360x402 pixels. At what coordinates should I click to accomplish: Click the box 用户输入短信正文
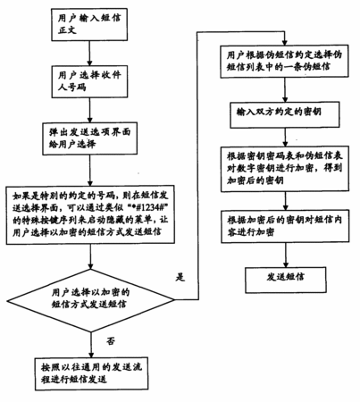point(89,24)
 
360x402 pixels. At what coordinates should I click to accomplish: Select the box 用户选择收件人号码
point(89,81)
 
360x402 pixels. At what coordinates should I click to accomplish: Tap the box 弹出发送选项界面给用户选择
point(90,138)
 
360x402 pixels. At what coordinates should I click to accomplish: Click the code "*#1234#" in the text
point(150,207)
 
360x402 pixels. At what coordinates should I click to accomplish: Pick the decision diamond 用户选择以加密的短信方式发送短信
point(90,300)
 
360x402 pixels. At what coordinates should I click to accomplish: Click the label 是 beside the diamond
point(180,277)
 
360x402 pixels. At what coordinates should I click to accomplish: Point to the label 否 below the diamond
point(111,340)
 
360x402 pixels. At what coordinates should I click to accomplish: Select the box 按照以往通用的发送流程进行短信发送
point(91,373)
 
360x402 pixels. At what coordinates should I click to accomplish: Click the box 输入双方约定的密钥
point(285,115)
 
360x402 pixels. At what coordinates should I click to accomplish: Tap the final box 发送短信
point(286,280)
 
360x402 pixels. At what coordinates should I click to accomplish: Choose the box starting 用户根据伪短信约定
point(284,62)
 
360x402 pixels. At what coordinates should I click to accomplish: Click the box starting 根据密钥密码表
point(285,169)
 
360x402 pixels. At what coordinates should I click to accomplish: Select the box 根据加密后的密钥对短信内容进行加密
point(285,226)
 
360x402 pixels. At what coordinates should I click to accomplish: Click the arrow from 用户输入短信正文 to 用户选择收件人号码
point(89,54)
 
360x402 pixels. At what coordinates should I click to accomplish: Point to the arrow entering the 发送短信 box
point(286,255)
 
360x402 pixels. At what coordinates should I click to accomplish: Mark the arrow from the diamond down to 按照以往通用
point(90,345)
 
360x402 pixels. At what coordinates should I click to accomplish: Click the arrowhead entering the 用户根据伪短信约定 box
point(285,43)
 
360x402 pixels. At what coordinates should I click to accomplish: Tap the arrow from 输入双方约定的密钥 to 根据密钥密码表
point(285,138)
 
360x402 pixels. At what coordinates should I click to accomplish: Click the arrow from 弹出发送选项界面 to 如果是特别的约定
point(89,171)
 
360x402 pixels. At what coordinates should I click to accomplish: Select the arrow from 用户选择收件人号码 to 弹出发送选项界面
point(89,110)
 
